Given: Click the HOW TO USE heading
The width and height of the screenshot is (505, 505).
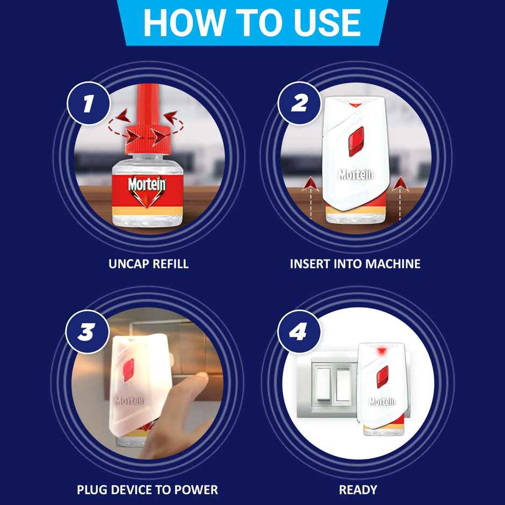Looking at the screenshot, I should (252, 22).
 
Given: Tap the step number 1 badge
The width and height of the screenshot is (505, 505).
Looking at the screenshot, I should (88, 104).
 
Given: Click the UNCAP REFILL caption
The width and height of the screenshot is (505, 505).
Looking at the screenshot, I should (148, 264).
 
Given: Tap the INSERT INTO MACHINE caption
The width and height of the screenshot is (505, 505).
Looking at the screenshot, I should (355, 264).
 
